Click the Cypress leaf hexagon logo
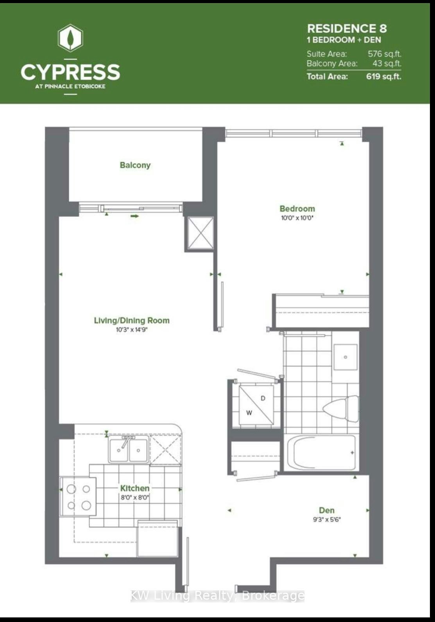(70, 38)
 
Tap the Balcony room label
(135, 165)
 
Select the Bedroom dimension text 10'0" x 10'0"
(297, 218)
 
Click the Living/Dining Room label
(132, 321)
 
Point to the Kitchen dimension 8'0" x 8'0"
(135, 497)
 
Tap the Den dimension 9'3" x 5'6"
(327, 520)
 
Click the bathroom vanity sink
(345, 357)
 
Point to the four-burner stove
(78, 497)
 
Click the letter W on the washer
(249, 413)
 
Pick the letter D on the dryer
(263, 398)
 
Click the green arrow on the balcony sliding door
(134, 216)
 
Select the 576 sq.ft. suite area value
(385, 54)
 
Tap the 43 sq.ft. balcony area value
(387, 64)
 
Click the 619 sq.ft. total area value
(384, 76)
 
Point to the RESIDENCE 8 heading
(347, 29)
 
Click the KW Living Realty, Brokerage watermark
(217, 596)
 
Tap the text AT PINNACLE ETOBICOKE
(70, 86)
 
